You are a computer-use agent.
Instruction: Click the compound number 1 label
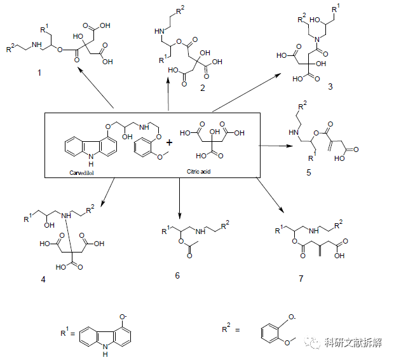(x=39, y=74)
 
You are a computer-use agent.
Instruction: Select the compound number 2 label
(x=202, y=88)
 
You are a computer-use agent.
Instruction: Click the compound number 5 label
(x=308, y=173)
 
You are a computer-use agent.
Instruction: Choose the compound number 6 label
(x=178, y=275)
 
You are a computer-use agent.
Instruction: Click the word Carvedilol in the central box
(x=83, y=172)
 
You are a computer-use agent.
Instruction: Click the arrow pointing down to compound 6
(x=180, y=198)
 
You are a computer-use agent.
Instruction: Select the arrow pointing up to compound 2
(x=168, y=92)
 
